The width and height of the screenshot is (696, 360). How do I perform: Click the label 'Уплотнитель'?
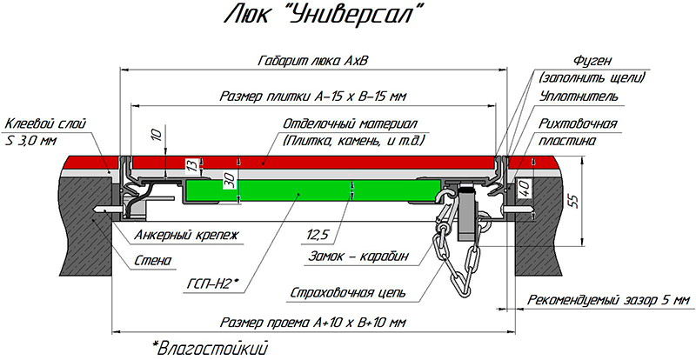(578, 93)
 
